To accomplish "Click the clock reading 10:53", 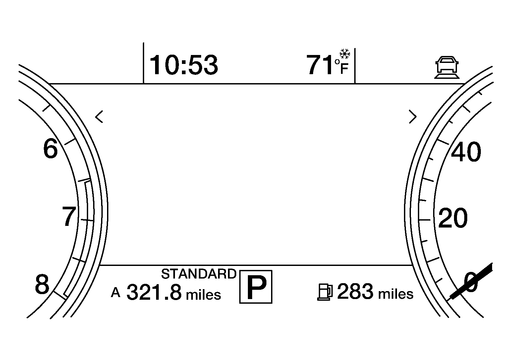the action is [184, 65].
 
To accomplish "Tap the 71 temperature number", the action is [320, 65].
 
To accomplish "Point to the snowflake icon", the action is [345, 54].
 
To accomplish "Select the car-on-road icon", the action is [447, 68].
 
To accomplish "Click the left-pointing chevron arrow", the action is [99, 117].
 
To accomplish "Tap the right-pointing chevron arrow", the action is [413, 117].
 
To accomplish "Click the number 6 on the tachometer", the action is [50, 149].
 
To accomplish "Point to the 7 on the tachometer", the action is [69, 217].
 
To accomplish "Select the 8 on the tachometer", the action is [42, 284].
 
